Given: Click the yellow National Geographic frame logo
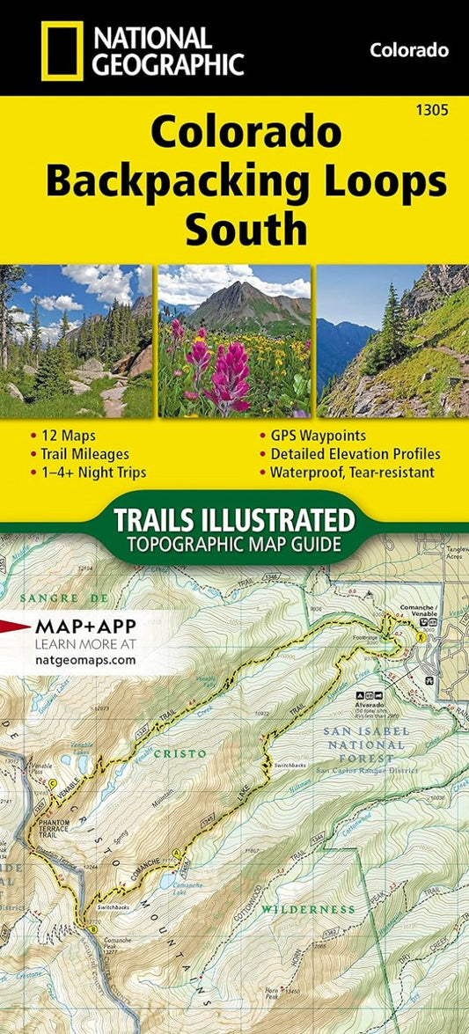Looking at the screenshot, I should (x=61, y=51).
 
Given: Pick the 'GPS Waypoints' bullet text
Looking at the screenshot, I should (x=311, y=436).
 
